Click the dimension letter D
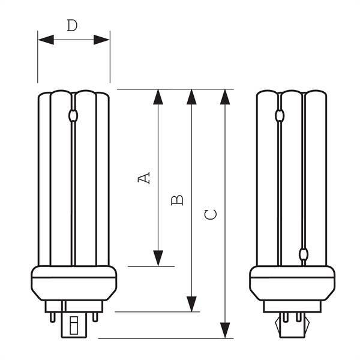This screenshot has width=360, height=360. [72, 25]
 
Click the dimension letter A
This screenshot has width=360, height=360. [144, 178]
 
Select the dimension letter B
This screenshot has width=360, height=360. [177, 200]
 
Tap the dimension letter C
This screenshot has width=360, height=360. [211, 214]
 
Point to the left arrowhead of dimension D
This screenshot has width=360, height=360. [46, 40]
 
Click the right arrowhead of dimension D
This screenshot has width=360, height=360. [101, 40]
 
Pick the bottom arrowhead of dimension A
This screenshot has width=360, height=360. [158, 258]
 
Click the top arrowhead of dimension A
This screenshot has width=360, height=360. [158, 97]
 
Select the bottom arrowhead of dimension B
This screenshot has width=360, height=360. [191, 304]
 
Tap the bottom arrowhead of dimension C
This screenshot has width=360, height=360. [225, 331]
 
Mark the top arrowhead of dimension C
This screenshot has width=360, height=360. [225, 97]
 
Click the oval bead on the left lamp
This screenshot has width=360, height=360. [73, 116]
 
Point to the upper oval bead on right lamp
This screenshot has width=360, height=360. [280, 115]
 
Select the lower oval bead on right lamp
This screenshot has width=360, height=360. [304, 254]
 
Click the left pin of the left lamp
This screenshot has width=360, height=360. [53, 317]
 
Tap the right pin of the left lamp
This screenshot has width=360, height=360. [95, 317]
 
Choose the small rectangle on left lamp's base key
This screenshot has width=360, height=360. [74, 325]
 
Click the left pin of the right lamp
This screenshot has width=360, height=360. [286, 317]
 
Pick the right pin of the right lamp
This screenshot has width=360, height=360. [298, 317]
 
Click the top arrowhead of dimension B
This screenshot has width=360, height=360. [191, 97]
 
